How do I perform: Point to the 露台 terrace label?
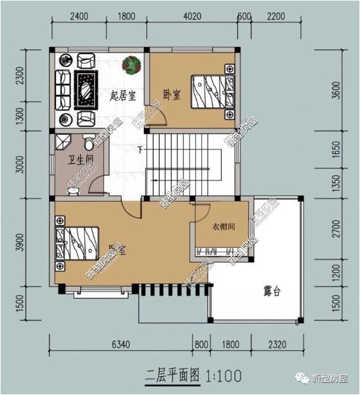coord(272,291)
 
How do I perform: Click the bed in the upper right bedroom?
coord(211,94)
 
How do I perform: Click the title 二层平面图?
coord(173,374)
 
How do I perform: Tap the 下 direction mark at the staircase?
coord(139,151)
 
